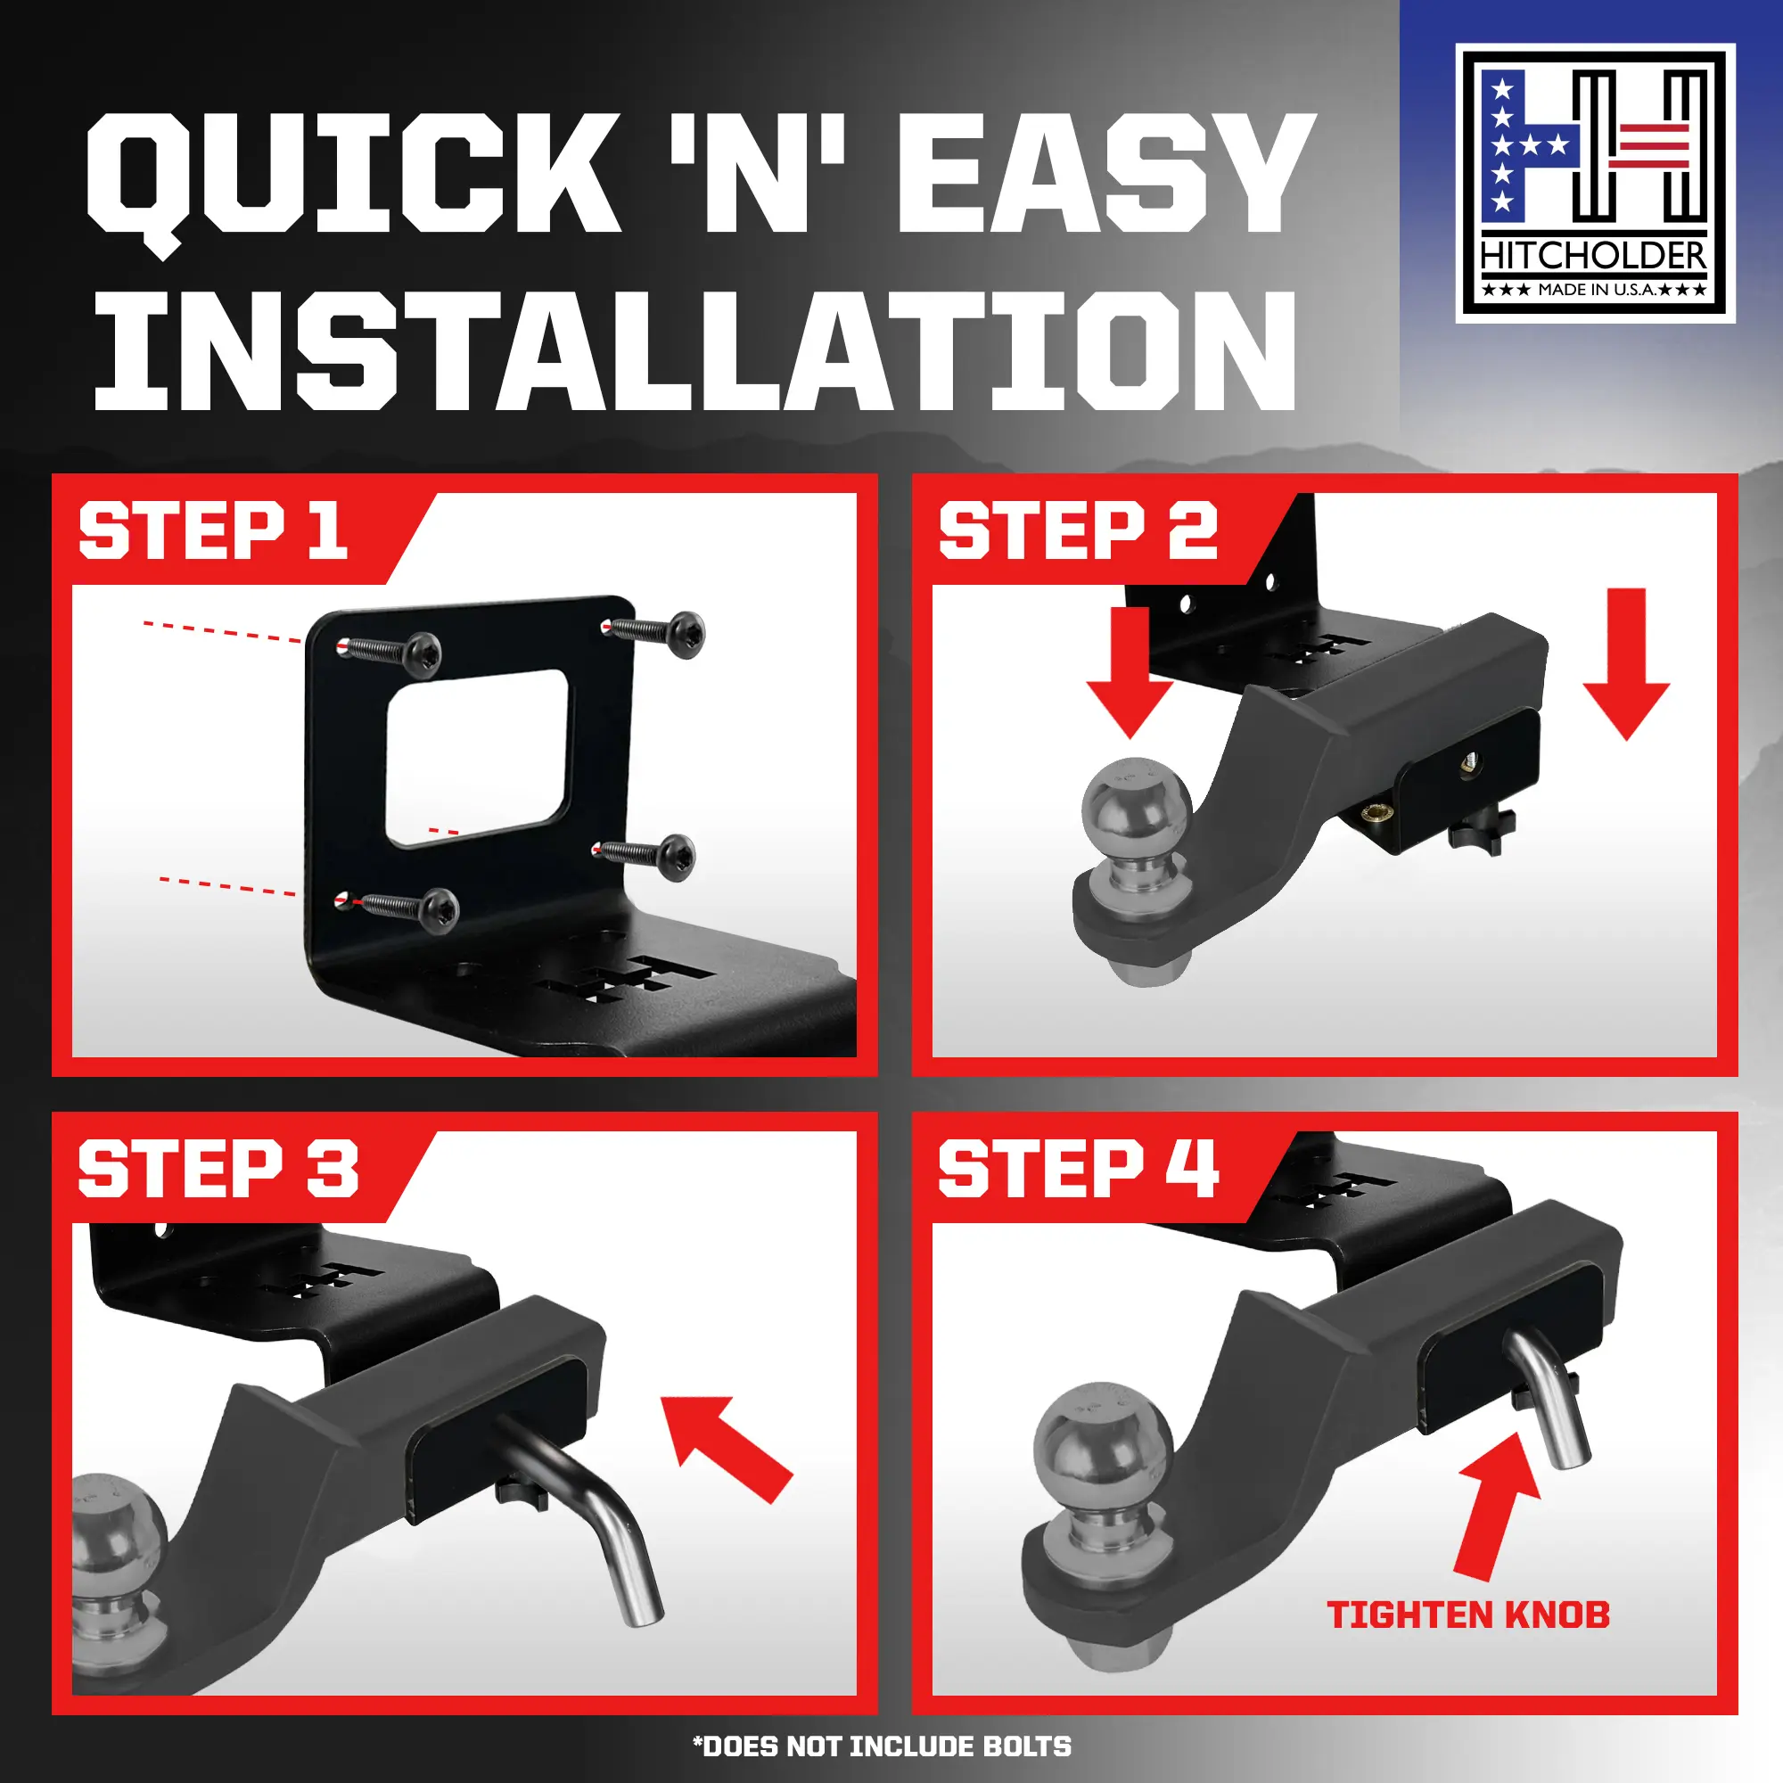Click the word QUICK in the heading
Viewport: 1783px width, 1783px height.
350,176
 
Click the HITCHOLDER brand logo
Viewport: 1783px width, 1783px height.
1595,184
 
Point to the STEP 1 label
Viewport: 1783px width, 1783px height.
213,530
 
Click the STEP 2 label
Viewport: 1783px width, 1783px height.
1078,530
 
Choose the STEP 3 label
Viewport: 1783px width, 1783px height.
218,1169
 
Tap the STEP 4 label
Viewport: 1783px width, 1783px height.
1078,1169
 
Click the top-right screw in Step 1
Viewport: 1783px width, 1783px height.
653,632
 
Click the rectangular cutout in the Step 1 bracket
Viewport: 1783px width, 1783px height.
476,758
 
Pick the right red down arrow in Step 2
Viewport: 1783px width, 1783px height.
1626,663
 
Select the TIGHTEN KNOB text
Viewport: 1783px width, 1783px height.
1468,1615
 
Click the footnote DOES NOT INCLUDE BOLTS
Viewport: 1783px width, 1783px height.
883,1747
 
